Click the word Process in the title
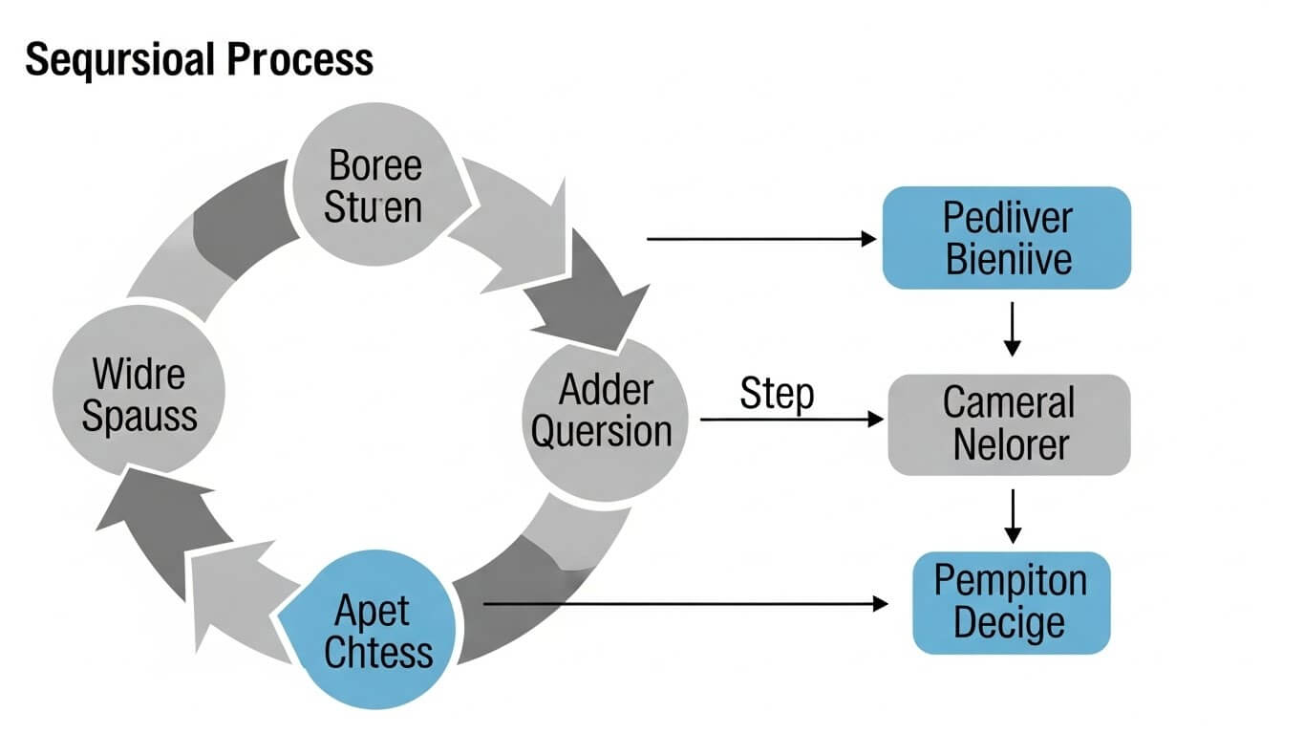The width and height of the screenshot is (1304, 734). (300, 60)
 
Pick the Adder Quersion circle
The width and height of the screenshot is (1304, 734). (604, 411)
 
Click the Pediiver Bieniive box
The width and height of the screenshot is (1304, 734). (1006, 238)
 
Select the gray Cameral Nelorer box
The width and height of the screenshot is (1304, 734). (1009, 424)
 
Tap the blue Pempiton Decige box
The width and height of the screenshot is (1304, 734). (1011, 602)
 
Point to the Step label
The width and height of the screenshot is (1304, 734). (777, 394)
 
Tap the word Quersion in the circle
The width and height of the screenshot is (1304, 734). (602, 432)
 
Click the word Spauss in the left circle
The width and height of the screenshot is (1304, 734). (139, 416)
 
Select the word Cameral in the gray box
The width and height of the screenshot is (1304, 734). (1009, 403)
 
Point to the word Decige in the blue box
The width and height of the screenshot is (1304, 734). (1009, 624)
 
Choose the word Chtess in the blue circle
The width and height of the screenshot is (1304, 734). (378, 652)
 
